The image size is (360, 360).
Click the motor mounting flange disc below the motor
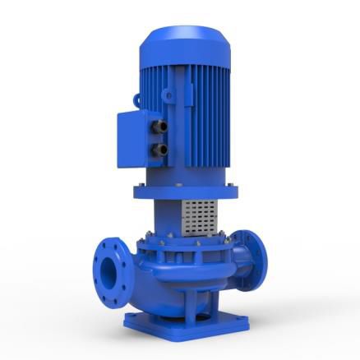tap(186, 192)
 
